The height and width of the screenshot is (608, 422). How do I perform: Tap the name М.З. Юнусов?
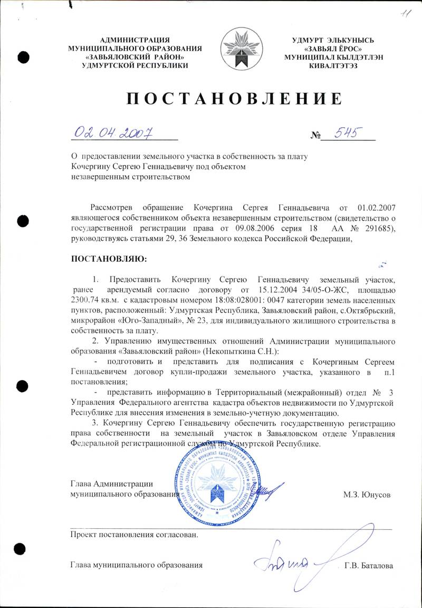click(x=367, y=494)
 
